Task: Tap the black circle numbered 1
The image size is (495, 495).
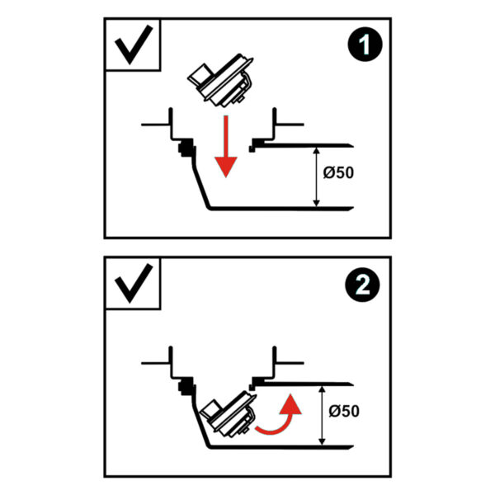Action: tap(365, 44)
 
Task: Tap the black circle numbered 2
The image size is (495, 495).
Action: tap(363, 285)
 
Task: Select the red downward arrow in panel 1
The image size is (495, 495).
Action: tap(226, 147)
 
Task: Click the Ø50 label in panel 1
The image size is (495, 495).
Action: tap(338, 172)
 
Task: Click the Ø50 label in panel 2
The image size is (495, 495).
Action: tap(344, 412)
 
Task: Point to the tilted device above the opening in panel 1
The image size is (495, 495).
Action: tap(220, 80)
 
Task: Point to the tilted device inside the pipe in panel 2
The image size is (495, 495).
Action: tap(228, 414)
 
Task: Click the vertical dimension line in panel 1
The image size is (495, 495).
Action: tap(316, 177)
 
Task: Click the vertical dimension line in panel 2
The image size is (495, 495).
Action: tap(322, 416)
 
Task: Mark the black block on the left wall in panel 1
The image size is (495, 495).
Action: tap(186, 148)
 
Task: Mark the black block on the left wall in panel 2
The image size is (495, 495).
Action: tap(186, 386)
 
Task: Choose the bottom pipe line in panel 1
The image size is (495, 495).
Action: tap(281, 209)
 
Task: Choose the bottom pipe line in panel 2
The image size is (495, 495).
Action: tap(281, 447)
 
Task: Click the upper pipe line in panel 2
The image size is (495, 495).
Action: tap(304, 384)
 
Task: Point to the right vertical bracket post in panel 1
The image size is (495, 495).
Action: tap(275, 124)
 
